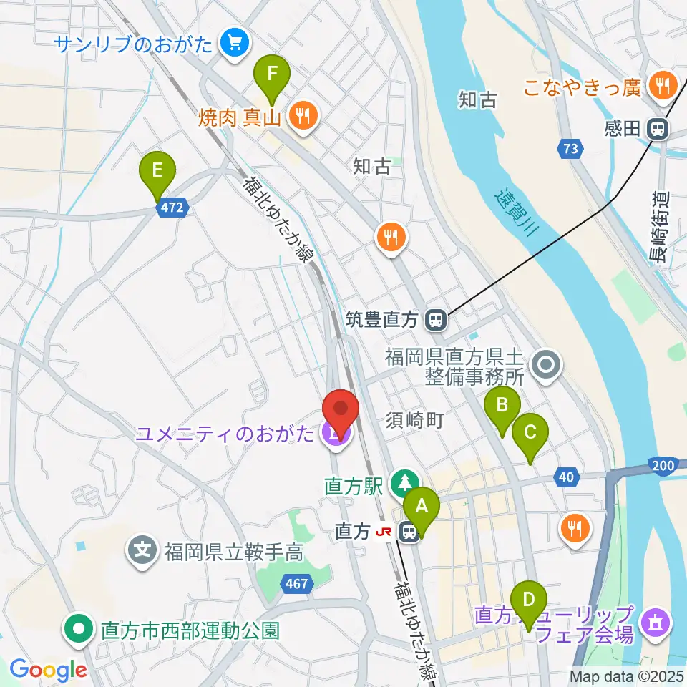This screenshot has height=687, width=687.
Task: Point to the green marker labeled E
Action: pos(158,172)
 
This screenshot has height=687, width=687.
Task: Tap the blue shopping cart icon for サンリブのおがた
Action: pos(233,44)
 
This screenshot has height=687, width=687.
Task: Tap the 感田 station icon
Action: pos(656,129)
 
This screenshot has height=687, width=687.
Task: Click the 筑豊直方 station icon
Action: pos(434,319)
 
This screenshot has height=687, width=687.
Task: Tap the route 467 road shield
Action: pos(296,584)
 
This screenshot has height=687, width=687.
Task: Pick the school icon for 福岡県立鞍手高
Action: pos(142,551)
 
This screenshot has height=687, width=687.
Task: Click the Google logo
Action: pos(48,669)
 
